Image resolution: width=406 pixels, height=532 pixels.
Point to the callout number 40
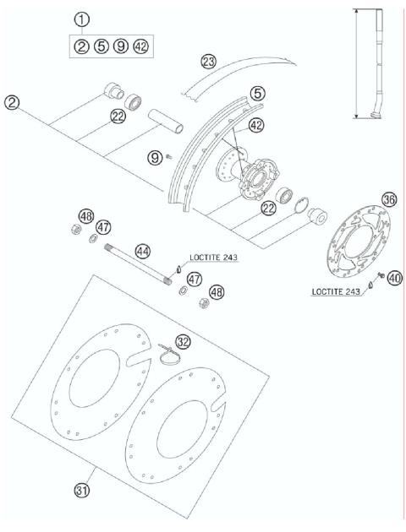click(393, 278)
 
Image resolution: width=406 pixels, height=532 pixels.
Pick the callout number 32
click(183, 341)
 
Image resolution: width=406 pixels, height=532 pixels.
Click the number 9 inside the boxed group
click(120, 46)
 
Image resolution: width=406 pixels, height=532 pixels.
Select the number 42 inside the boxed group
click(140, 46)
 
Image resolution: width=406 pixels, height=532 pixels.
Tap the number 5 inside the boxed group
click(101, 46)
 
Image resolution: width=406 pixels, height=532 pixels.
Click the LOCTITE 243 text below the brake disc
click(336, 290)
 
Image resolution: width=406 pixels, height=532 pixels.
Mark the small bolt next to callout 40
click(380, 275)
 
